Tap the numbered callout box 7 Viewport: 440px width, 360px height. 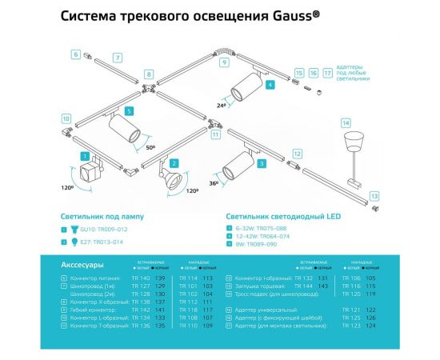click(x=117, y=58)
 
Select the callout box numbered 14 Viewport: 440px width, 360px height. click(x=346, y=122)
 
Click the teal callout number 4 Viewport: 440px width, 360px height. click(x=270, y=83)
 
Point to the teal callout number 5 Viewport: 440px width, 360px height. click(x=129, y=111)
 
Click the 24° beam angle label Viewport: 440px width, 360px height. click(x=222, y=104)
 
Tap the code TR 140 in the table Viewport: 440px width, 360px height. click(x=142, y=278)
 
